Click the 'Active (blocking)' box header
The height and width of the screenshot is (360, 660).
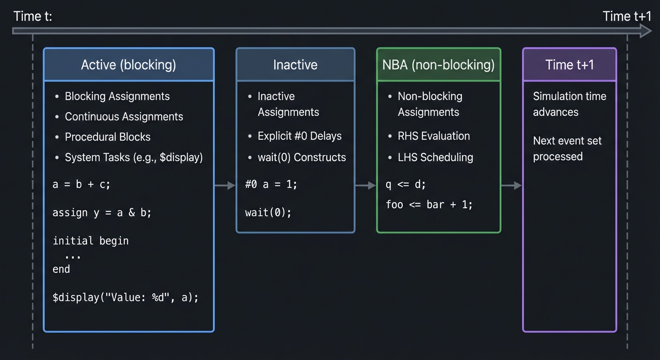[128, 65]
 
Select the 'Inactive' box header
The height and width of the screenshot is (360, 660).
[295, 65]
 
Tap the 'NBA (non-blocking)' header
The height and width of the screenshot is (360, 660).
[438, 65]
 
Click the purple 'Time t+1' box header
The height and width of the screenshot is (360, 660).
[570, 65]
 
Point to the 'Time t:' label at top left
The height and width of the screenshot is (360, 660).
[33, 16]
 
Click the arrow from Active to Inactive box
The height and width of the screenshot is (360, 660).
[225, 186]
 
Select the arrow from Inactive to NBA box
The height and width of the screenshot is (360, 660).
[366, 186]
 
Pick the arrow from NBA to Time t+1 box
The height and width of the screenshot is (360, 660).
[511, 186]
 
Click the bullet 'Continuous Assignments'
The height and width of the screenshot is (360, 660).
[124, 117]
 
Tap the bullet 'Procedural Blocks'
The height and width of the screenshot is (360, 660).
[108, 137]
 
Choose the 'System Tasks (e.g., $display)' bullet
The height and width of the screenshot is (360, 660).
[134, 157]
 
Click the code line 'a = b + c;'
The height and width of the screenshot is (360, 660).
[82, 185]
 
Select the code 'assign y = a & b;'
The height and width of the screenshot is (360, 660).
[102, 213]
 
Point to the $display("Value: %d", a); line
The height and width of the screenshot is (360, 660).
[126, 297]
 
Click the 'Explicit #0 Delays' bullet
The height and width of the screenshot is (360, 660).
[300, 136]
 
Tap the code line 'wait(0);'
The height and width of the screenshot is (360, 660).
[268, 213]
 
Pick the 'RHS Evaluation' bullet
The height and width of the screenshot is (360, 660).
[434, 136]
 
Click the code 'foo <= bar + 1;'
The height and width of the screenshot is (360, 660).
[429, 204]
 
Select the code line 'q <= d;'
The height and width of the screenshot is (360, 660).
[406, 185]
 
